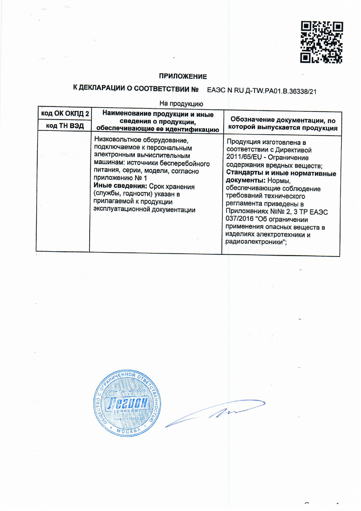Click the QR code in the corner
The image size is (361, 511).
coord(321,42)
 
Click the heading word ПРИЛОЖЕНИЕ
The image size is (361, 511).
coord(183,76)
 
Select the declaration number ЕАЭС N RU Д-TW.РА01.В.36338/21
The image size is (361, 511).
coord(261,91)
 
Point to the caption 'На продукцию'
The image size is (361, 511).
coord(181,103)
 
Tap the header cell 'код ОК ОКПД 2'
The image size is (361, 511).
coord(65,114)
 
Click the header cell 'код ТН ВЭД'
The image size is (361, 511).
coord(65,126)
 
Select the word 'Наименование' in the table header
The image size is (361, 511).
coord(127,114)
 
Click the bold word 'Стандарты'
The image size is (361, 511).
coord(244,173)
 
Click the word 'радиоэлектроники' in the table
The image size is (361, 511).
coord(255,242)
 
